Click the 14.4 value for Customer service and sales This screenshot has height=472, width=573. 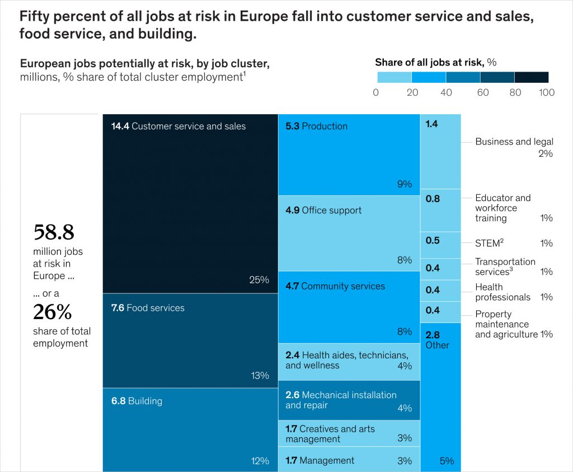[120, 127]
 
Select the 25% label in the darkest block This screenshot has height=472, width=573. [259, 280]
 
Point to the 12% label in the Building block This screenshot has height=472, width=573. [260, 461]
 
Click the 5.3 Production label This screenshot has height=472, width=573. [316, 127]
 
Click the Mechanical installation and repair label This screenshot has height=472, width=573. [341, 400]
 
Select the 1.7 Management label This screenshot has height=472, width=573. [320, 461]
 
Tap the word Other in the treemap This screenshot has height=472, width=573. [437, 345]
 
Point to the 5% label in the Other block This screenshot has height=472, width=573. [447, 461]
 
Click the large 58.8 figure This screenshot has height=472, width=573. [54, 231]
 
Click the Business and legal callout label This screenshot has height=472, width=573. [514, 142]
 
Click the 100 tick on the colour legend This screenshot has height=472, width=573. [546, 92]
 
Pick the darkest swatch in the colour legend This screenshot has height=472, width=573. [531, 77]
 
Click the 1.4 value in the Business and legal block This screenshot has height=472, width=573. [431, 124]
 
